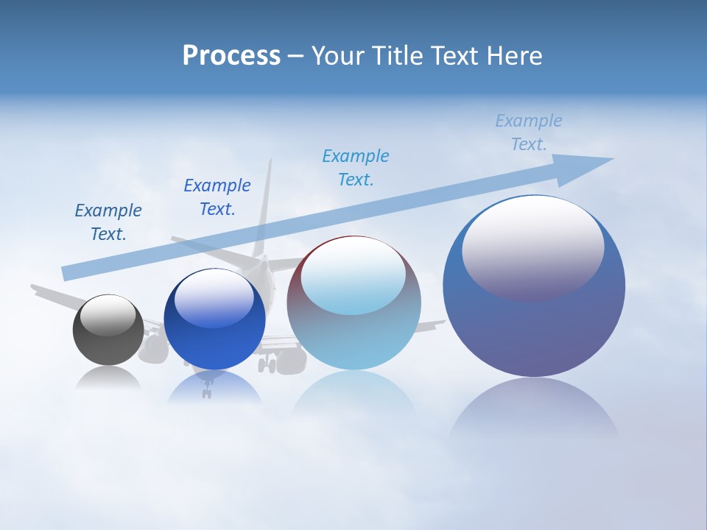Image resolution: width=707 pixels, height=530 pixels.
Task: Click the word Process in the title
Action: point(231,56)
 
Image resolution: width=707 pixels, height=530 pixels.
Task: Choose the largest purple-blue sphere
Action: point(534,324)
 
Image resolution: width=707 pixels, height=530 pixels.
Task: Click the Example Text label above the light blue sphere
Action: point(356,167)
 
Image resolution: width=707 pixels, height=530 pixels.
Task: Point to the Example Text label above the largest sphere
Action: point(529,132)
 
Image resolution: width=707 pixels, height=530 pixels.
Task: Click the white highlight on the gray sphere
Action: point(108,315)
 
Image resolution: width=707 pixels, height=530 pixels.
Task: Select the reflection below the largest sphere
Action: point(534,409)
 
